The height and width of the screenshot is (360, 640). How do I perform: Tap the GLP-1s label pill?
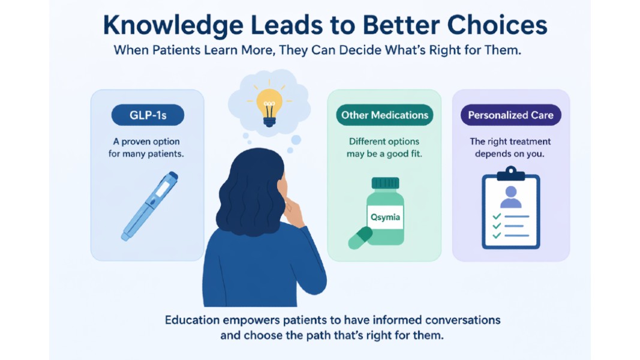[148, 115]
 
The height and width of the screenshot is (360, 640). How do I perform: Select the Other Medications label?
[384, 115]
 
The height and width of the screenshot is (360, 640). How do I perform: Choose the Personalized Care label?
[510, 115]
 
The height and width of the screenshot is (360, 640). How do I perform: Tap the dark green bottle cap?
[385, 183]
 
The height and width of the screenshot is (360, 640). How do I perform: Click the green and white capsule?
[360, 238]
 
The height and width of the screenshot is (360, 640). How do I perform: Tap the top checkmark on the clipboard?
[496, 216]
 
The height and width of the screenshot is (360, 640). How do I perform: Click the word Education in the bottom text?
[193, 320]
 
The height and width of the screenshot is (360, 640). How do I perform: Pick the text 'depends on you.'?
[510, 154]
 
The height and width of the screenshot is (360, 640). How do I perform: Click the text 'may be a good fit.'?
[384, 154]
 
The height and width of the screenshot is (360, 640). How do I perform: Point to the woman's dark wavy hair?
[249, 186]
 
